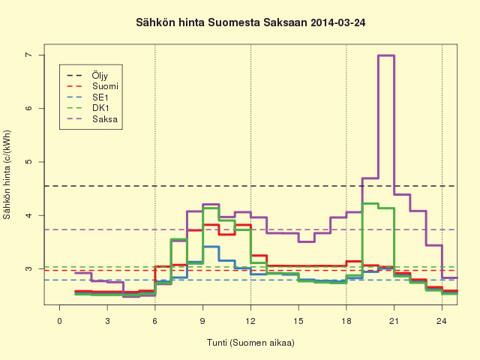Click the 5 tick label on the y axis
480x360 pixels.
tap(28, 162)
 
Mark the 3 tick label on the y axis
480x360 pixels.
tap(28, 268)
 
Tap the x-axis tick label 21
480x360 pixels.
tap(394, 321)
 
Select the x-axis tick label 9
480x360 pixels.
tap(202, 321)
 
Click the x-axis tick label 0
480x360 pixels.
tap(59, 321)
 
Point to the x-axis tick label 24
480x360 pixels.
tap(442, 321)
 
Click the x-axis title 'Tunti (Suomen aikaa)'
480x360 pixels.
tap(250, 343)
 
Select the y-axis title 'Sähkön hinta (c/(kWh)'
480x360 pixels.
tap(7, 175)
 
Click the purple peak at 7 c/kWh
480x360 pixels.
tap(386, 55)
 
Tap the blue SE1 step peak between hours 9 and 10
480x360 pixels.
tap(211, 247)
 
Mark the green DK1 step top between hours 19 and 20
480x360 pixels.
tap(370, 203)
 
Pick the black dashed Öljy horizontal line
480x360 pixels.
tap(250, 186)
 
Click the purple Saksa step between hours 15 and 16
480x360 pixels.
tap(307, 241)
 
